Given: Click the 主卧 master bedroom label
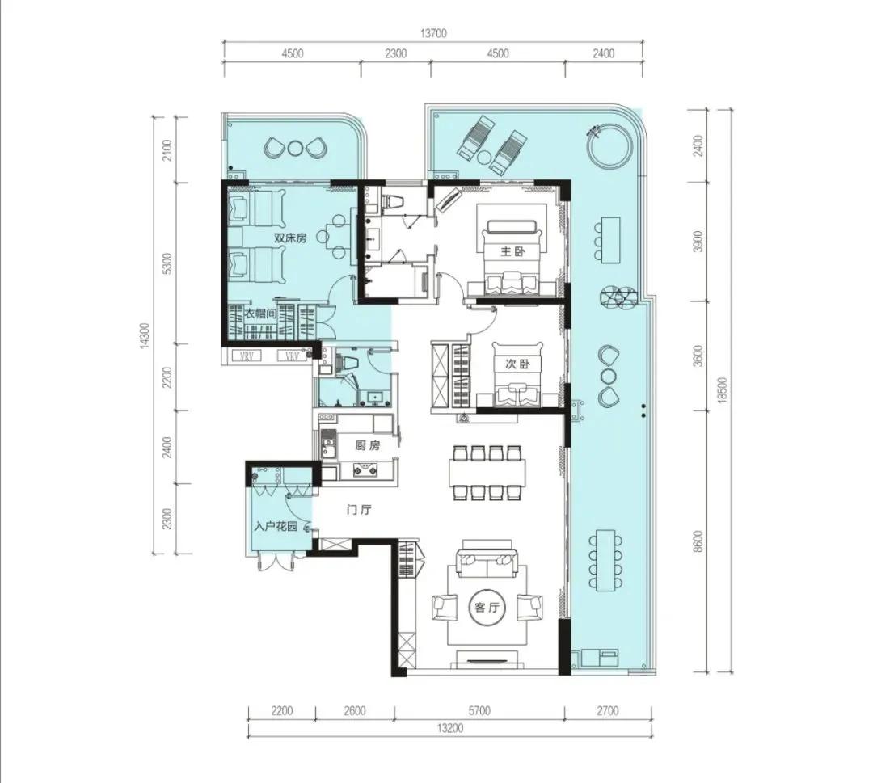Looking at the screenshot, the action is coord(512,251).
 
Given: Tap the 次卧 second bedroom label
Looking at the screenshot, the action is coord(517,364).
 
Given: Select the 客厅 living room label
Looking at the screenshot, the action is coord(484,608).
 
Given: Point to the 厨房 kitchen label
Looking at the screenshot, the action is coord(368,446).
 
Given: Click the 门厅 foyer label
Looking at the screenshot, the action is coord(359,510).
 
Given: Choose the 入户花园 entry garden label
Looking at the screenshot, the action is coord(276,527).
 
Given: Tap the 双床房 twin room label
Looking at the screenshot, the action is coord(290,238).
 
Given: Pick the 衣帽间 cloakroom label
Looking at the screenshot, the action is coord(260,314).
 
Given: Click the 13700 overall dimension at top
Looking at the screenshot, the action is coord(433,33).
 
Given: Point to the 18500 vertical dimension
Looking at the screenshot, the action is coord(723,390).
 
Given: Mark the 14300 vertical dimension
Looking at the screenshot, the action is coord(145,335).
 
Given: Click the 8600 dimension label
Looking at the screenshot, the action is coord(698,541).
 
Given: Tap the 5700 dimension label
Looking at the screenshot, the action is coord(479,710).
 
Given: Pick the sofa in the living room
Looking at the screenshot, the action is coord(487,563).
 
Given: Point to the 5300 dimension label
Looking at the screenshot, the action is coord(169,263).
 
